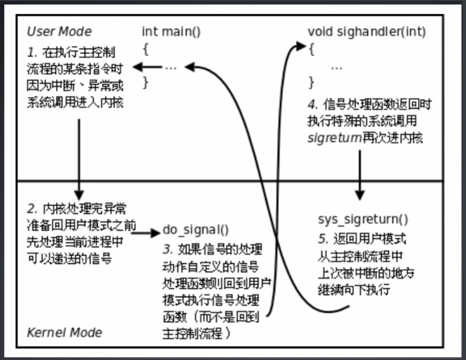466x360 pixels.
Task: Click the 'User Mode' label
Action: pos(59,32)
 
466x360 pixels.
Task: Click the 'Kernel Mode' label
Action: pos(64,332)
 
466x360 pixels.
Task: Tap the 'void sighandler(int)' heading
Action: pos(367,32)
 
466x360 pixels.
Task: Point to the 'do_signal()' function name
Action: pos(196,231)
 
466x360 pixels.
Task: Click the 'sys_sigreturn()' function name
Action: pos(363,220)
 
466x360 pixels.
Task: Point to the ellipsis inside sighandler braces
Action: pos(337,67)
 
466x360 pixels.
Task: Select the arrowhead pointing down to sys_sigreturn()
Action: pos(360,195)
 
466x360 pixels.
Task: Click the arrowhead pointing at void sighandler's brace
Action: pos(300,46)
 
